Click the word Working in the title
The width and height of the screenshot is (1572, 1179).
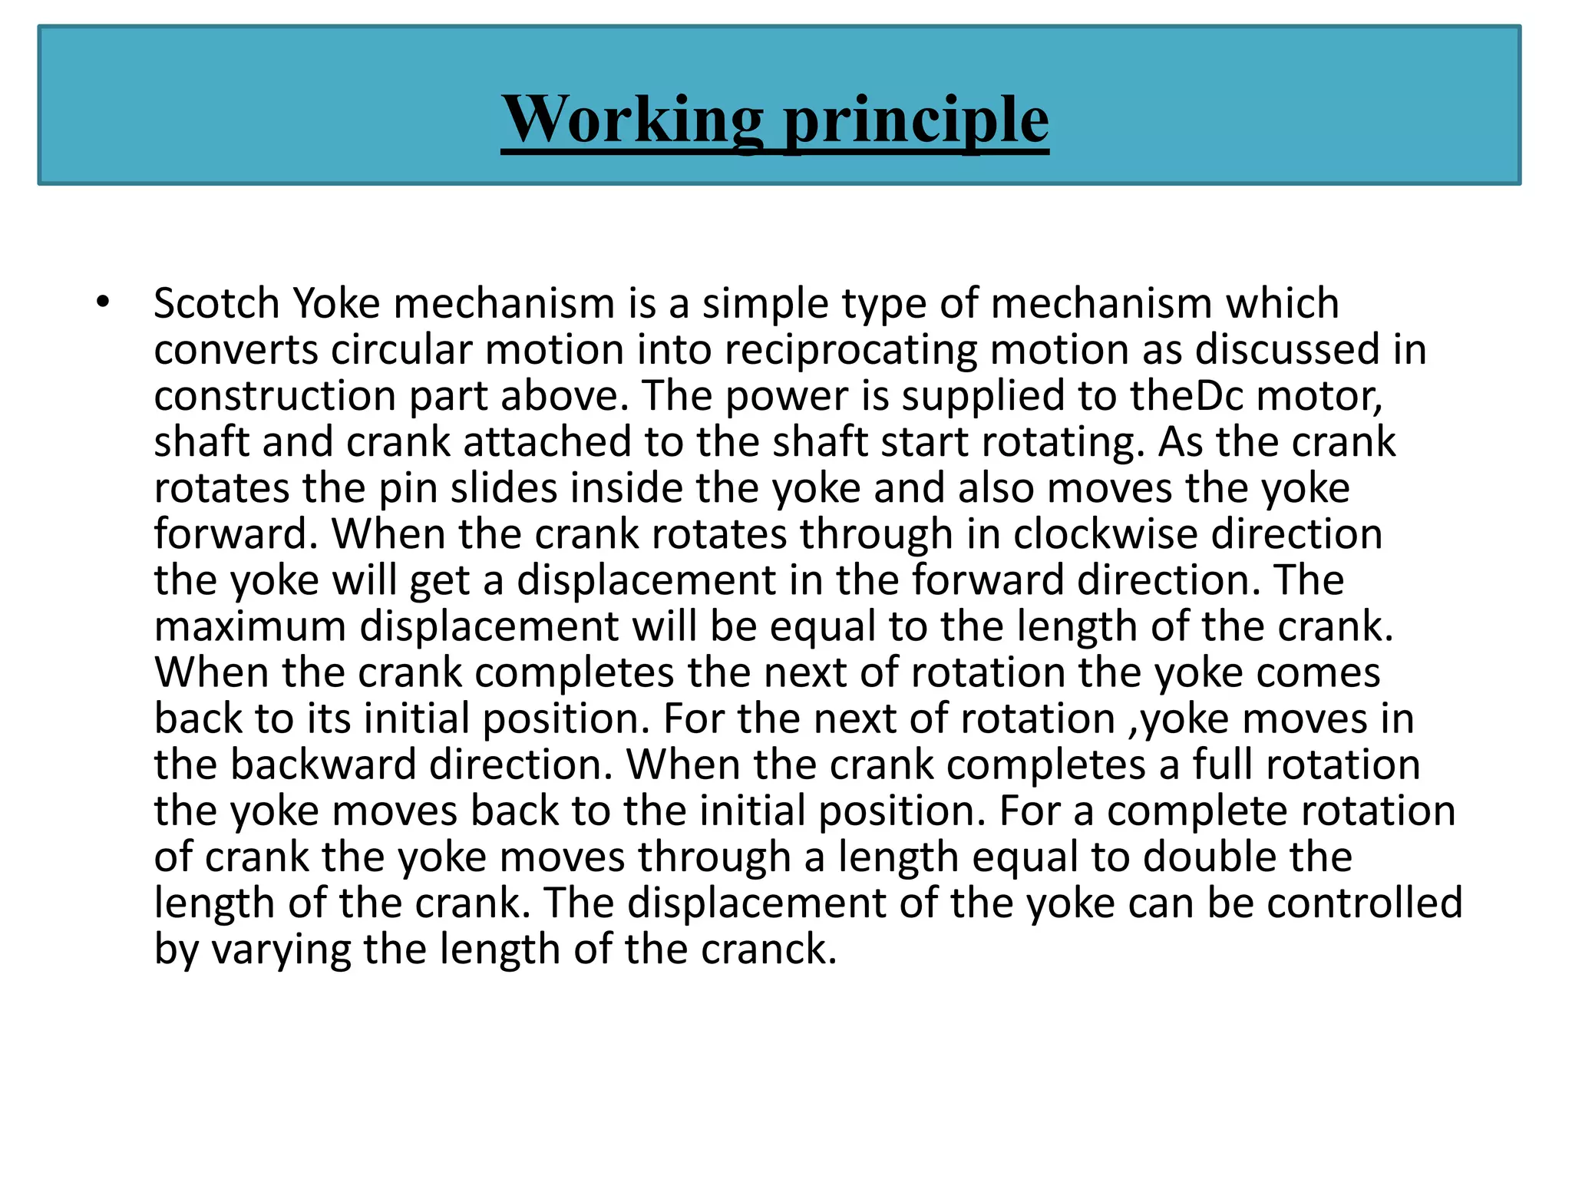(x=632, y=120)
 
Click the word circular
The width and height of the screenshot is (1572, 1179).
(x=401, y=350)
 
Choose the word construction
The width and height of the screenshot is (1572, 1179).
(x=274, y=396)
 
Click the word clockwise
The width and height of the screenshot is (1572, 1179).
(x=1105, y=534)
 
